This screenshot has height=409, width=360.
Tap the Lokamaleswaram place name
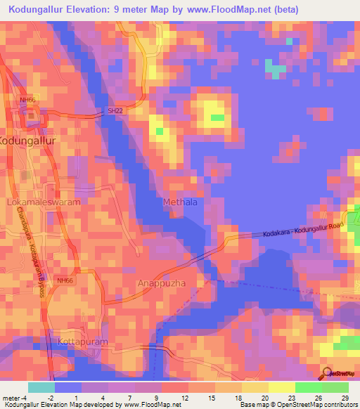click(x=44, y=202)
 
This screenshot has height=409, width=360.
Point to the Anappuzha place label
click(x=162, y=284)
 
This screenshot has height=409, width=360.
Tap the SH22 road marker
click(x=115, y=111)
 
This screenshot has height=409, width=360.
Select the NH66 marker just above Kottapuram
click(x=65, y=280)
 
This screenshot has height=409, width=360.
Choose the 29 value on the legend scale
click(x=345, y=398)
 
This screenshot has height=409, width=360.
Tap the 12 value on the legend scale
click(x=184, y=398)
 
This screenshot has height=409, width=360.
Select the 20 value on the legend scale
click(x=264, y=398)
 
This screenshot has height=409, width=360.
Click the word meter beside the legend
click(x=11, y=398)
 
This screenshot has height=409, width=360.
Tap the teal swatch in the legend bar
click(x=41, y=387)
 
